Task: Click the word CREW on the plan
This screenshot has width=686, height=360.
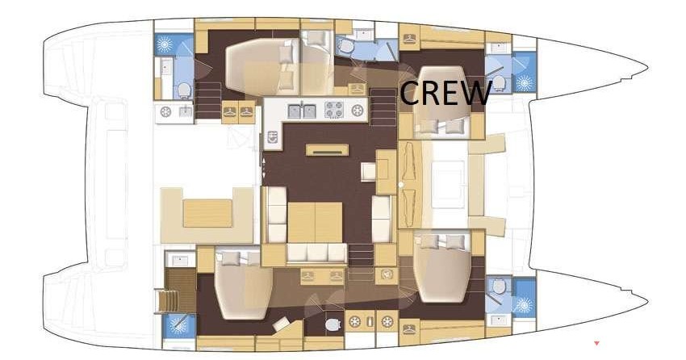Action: pos(445,92)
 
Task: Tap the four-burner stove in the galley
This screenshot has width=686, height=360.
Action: pos(334,110)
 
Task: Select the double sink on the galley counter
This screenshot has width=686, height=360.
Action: pos(303,111)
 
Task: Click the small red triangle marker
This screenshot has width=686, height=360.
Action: pos(596,343)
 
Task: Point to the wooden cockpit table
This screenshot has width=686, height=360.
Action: pos(207,213)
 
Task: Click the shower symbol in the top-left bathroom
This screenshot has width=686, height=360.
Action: pos(165,44)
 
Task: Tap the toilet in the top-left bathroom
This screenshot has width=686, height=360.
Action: pos(184,90)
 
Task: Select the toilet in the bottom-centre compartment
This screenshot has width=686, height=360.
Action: pos(333,324)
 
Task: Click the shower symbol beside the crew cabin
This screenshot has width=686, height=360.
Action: pos(525,82)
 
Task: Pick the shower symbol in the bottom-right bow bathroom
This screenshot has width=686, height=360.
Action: pos(523,304)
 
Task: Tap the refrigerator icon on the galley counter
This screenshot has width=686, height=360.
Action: pos(274,137)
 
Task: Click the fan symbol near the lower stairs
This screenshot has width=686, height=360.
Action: pos(387,274)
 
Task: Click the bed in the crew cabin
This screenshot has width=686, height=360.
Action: pos(442,103)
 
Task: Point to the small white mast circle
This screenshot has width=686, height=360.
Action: pos(401,185)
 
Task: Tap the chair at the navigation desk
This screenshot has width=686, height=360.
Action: pos(368,171)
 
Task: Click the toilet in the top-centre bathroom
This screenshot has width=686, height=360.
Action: pos(346,46)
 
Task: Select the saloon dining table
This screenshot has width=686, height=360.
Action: pos(315,222)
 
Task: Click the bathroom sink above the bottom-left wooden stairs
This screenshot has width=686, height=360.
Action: pos(180,262)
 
